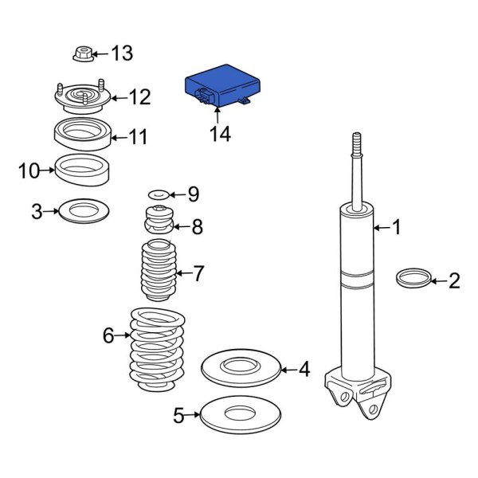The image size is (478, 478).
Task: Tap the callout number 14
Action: tap(220, 135)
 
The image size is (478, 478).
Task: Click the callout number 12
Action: tap(139, 97)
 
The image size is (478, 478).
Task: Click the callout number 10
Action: tap(29, 170)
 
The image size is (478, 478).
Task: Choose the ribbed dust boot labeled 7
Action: tap(159, 272)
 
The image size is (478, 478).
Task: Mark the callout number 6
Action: tap(109, 336)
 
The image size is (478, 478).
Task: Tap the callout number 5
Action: tap(179, 414)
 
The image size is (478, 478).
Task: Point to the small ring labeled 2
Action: tap(412, 279)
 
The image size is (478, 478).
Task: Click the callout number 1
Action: tap(397, 229)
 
